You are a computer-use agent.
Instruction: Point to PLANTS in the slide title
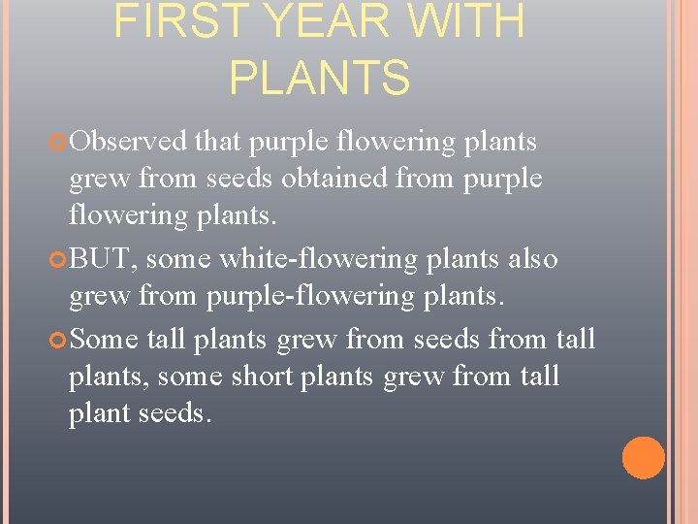click(x=320, y=78)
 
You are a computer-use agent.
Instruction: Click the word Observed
click(x=128, y=142)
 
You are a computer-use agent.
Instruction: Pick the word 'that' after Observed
click(x=218, y=142)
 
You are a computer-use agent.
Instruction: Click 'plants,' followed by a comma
click(x=107, y=375)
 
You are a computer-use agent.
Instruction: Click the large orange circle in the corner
click(x=643, y=458)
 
